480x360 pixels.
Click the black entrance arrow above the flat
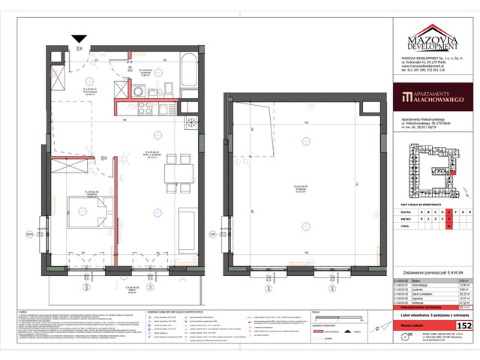[x=79, y=38]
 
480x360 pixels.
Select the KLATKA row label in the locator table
[x=405, y=212]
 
